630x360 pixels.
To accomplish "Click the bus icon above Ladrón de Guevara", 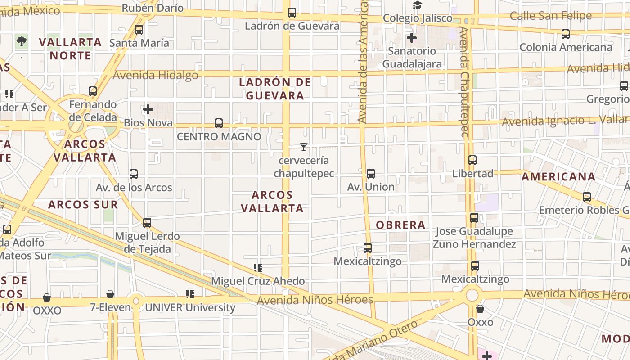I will [292, 13].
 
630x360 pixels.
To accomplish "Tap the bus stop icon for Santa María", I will [139, 30].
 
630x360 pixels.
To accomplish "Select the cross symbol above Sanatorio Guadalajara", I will [412, 38].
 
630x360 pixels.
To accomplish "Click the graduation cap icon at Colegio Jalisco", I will [418, 5].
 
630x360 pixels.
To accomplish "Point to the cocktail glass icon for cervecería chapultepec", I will [304, 147].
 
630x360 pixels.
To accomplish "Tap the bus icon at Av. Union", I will [371, 173].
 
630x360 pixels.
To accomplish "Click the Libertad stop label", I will [472, 174].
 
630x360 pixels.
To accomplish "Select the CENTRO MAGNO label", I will [219, 136].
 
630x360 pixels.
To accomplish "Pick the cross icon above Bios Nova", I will [148, 109].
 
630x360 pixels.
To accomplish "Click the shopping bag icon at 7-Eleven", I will [110, 294].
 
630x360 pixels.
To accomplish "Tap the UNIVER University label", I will [190, 308].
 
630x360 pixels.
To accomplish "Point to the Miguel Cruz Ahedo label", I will [258, 281].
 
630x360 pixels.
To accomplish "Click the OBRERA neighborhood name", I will [400, 225].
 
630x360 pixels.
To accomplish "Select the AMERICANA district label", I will [558, 177].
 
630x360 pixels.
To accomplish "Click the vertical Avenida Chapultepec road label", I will [464, 81].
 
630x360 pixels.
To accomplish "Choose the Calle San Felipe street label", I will [550, 16].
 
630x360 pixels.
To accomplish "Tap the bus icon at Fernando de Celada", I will [93, 91].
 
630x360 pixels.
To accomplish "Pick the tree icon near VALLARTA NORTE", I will [21, 41].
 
